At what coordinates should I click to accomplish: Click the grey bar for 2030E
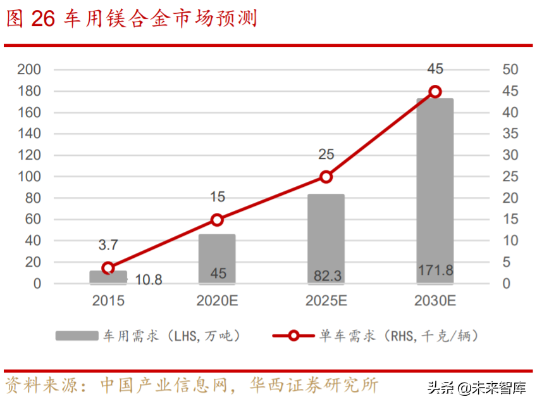(x=435, y=190)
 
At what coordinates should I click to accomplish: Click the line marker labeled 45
(x=435, y=92)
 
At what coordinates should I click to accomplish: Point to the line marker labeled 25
(x=326, y=177)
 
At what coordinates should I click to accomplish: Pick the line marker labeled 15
(x=217, y=220)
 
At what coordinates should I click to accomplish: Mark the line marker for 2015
(x=108, y=268)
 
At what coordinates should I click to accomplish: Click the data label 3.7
(x=108, y=244)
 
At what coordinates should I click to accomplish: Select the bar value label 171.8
(x=435, y=270)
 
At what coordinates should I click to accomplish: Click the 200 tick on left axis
(x=29, y=69)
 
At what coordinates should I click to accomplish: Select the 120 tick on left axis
(x=29, y=155)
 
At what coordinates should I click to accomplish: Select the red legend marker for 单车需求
(x=293, y=336)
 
